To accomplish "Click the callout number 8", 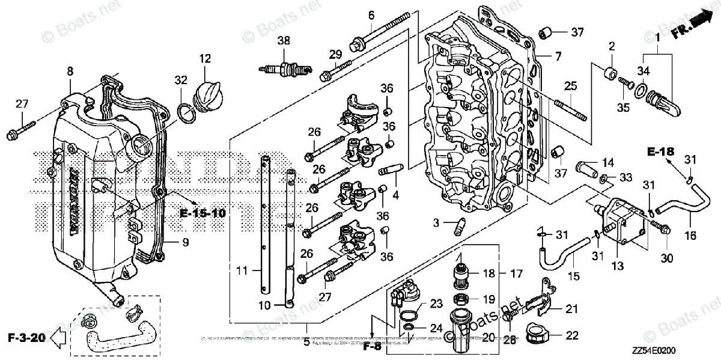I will click(70, 71).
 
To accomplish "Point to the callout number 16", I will click(690, 236).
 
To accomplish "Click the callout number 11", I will click(241, 272).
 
